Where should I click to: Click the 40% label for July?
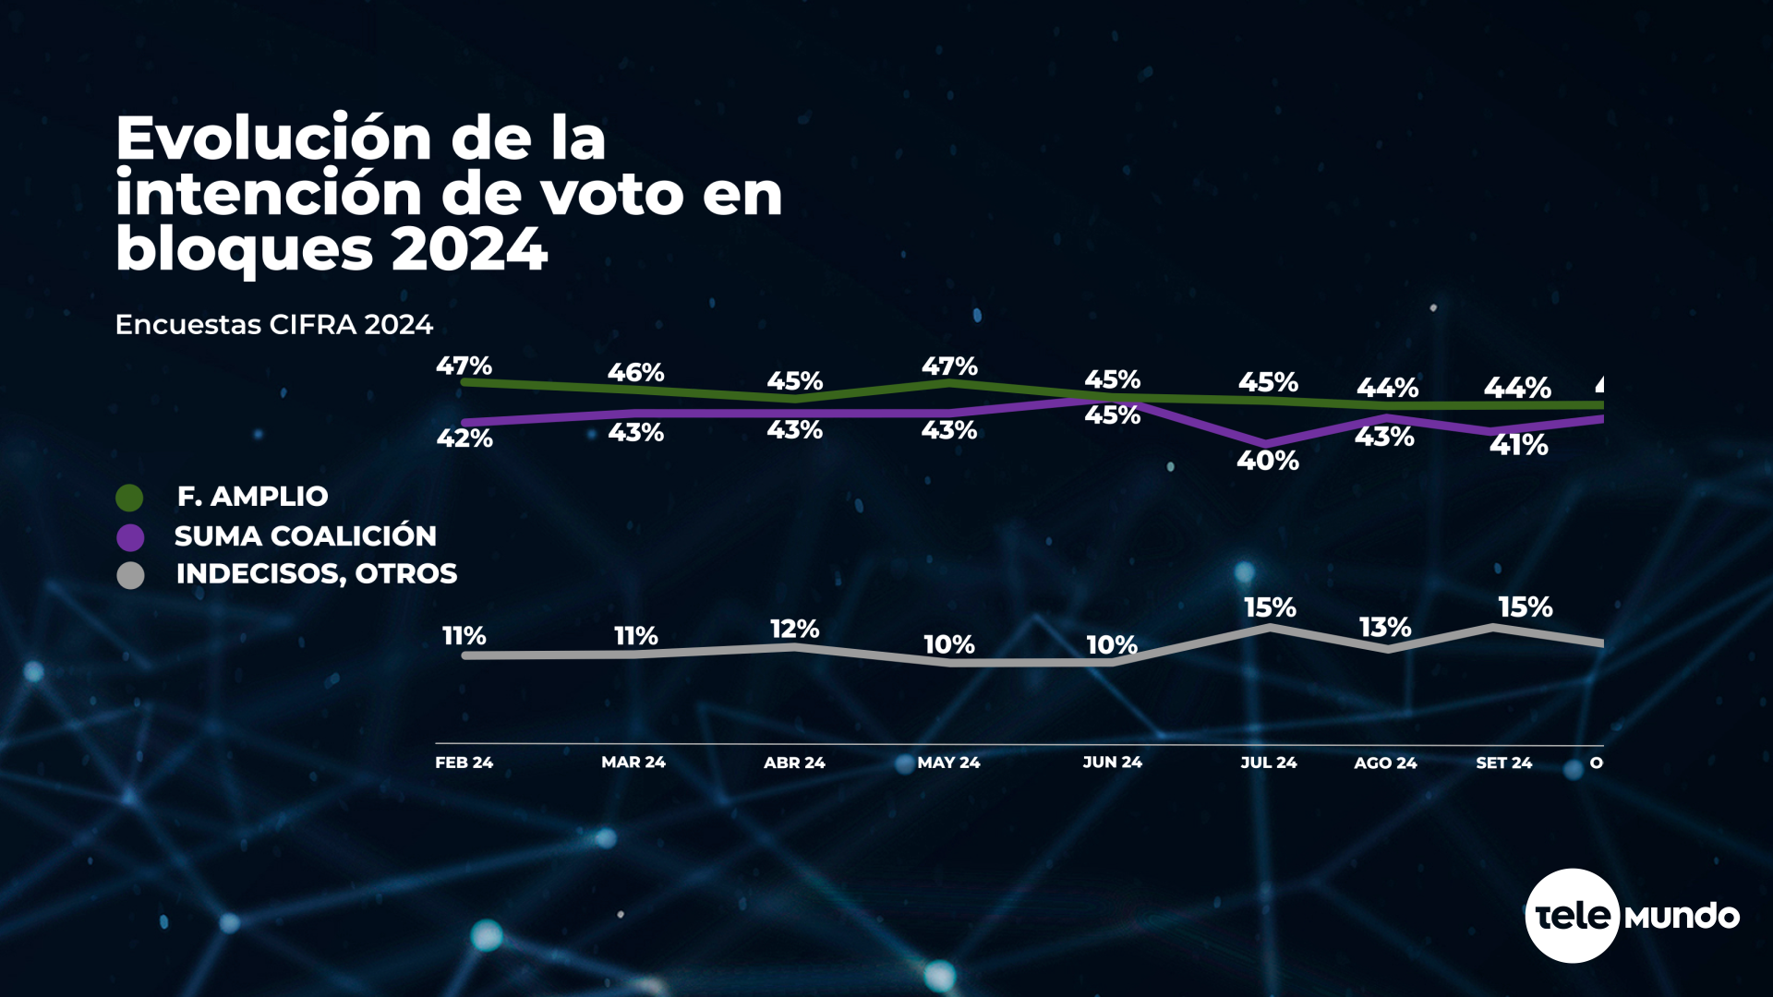(1267, 460)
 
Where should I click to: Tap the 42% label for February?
(464, 438)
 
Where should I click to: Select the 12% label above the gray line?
(794, 629)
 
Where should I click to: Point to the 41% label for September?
(1518, 445)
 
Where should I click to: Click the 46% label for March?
(635, 372)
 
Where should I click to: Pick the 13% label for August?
(1384, 628)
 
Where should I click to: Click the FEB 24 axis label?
(464, 763)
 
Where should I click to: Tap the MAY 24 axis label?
(948, 763)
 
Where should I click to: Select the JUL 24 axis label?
(1268, 763)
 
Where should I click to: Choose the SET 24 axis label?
(1503, 763)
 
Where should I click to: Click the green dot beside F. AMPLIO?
(130, 498)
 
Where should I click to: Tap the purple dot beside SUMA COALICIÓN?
(130, 537)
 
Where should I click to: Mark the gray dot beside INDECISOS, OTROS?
(130, 576)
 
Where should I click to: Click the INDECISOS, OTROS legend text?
(316, 573)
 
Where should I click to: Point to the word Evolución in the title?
(273, 138)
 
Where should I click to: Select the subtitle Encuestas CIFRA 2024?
(273, 325)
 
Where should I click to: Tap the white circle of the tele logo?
(1572, 916)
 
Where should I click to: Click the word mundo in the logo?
(1682, 916)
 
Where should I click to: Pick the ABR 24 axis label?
(794, 763)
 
